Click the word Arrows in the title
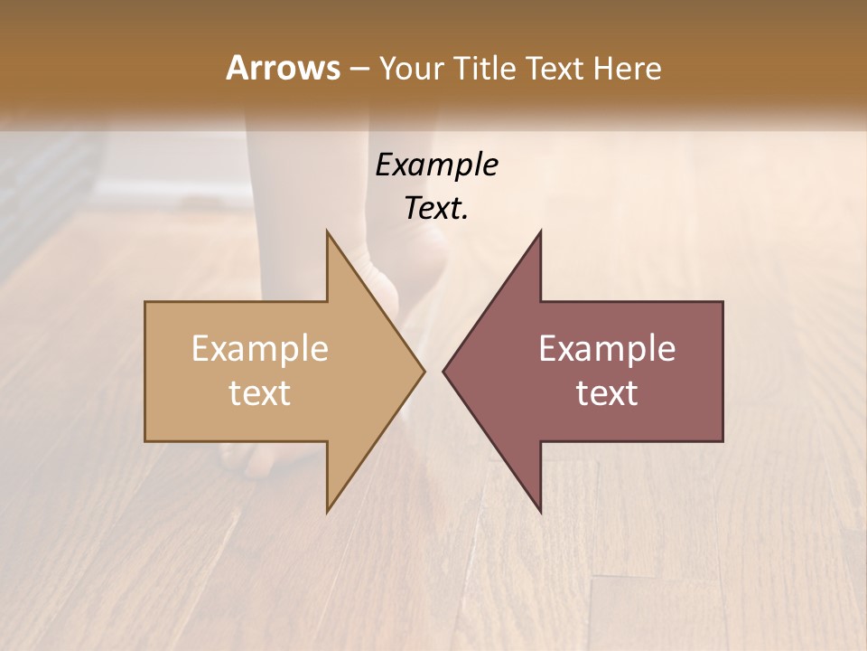[x=283, y=68]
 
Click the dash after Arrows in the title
[x=359, y=69]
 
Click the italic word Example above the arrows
[x=436, y=165]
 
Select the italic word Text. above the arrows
[x=436, y=208]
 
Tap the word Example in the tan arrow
[x=260, y=349]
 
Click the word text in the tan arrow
[x=260, y=392]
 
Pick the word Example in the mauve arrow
[x=607, y=349]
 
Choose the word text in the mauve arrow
[x=607, y=392]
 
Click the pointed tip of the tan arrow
[x=424, y=371]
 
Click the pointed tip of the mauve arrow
[x=444, y=371]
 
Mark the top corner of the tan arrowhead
[x=328, y=231]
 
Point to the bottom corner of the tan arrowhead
[x=328, y=511]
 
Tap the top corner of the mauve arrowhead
[x=540, y=231]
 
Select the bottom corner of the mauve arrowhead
[x=540, y=511]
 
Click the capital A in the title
[x=238, y=68]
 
